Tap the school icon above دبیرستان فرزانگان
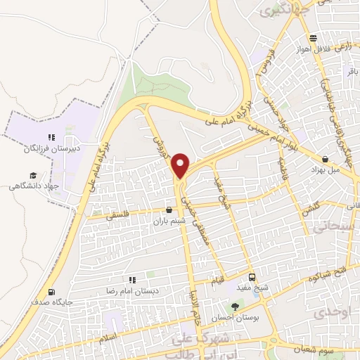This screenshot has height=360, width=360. click(x=51, y=137)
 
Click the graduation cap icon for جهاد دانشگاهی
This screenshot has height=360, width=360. click(x=32, y=176)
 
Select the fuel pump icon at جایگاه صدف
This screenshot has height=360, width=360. click(x=51, y=292)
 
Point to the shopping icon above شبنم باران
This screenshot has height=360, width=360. click(x=169, y=210)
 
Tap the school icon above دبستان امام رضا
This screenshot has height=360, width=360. click(x=132, y=280)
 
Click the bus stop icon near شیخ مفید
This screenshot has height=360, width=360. click(x=252, y=276)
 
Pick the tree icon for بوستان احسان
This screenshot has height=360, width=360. click(x=235, y=307)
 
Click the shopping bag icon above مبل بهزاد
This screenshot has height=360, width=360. click(x=326, y=159)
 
